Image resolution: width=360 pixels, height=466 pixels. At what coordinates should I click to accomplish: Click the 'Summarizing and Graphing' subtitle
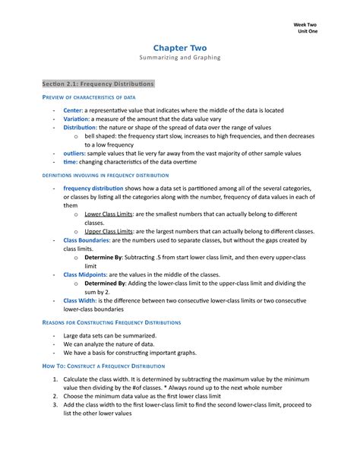[x=180, y=58]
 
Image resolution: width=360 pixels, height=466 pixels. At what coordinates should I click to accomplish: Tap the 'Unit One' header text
[x=308, y=33]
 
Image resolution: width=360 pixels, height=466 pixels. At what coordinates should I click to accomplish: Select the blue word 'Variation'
[x=76, y=119]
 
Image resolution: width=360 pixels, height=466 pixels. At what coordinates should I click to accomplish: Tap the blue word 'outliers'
[x=74, y=153]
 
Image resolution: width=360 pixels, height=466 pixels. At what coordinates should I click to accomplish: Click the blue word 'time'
[x=70, y=161]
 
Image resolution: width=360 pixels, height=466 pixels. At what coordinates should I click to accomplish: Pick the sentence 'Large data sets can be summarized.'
[x=110, y=336]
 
